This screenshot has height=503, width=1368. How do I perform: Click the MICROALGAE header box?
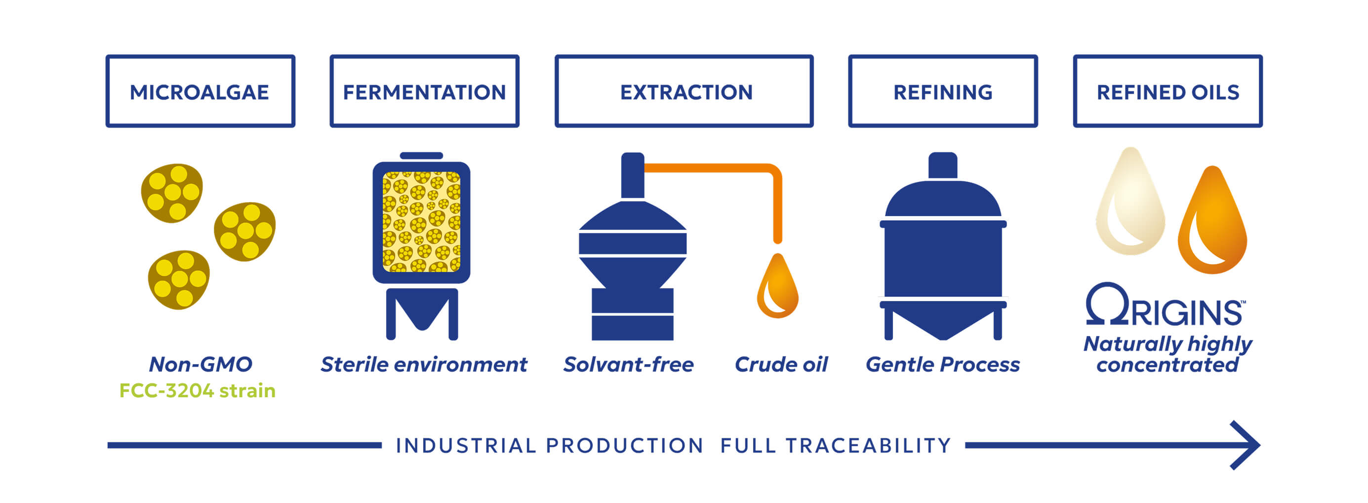[200, 91]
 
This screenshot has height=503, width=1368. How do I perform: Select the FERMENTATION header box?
[424, 91]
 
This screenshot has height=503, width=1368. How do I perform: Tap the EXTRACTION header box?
[684, 91]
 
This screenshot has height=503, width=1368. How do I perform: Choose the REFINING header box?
[943, 91]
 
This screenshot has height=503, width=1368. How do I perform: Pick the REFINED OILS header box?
[1168, 91]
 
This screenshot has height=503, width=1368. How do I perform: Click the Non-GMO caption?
[200, 364]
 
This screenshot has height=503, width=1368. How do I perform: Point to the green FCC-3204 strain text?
[197, 391]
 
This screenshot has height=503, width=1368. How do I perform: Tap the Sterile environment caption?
[424, 364]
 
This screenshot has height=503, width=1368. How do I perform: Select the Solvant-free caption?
[628, 364]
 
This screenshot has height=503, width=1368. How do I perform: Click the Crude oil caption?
[781, 364]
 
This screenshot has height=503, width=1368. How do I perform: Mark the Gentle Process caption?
[943, 364]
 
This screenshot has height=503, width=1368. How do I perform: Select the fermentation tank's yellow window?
[421, 221]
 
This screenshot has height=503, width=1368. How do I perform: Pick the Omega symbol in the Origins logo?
[1107, 304]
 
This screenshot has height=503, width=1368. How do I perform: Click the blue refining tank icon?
[943, 255]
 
